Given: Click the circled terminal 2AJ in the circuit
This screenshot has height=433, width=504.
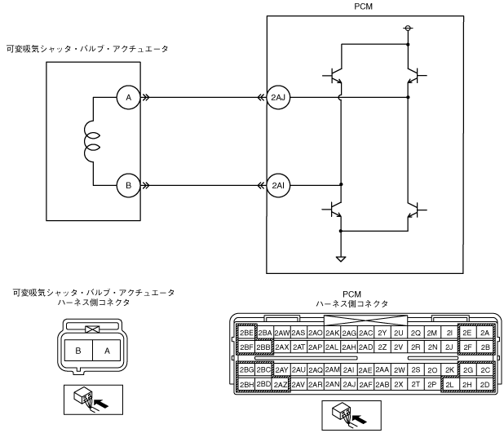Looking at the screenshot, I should coord(280,99).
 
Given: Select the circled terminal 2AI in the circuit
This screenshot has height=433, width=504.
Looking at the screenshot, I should coord(280,186).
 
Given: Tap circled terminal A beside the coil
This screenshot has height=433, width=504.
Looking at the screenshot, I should coord(127,99).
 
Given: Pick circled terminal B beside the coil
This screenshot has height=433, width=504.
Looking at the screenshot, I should coord(127,186).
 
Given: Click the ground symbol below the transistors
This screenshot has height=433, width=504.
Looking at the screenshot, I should coord(341,260).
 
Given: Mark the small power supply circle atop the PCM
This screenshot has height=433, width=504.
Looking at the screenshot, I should coord(407,29).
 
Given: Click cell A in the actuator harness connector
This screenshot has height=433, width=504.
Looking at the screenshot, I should coord(103,351).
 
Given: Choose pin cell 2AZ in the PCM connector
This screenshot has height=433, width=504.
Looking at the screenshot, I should coord(281,384).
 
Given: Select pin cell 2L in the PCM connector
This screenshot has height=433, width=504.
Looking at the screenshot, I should coord(449,384).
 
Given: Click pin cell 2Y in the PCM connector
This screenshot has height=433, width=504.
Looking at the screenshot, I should coord(382,333).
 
